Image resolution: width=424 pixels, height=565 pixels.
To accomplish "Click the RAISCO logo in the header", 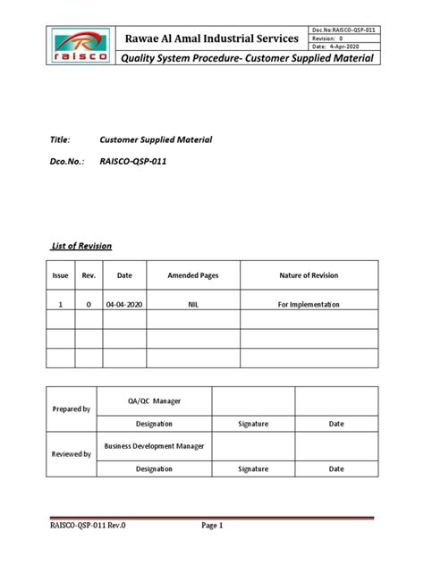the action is pyautogui.click(x=81, y=45).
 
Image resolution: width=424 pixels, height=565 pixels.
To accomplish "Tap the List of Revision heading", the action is pyautogui.click(x=80, y=245).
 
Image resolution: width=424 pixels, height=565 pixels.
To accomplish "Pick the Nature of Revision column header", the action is pyautogui.click(x=310, y=275).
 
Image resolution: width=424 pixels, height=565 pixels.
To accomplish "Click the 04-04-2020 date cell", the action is pyautogui.click(x=124, y=305).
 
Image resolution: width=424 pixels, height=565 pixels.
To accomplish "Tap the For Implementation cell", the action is pyautogui.click(x=310, y=305).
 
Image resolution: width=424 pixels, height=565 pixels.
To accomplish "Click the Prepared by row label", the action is pyautogui.click(x=73, y=409).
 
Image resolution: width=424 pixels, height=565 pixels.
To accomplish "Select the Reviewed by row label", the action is pyautogui.click(x=73, y=454).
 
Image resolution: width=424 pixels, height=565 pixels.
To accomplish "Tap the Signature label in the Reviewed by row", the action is pyautogui.click(x=253, y=468).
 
